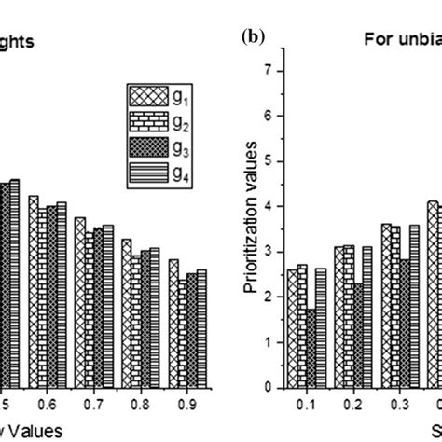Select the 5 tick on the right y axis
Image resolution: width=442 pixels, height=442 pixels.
point(269,161)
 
